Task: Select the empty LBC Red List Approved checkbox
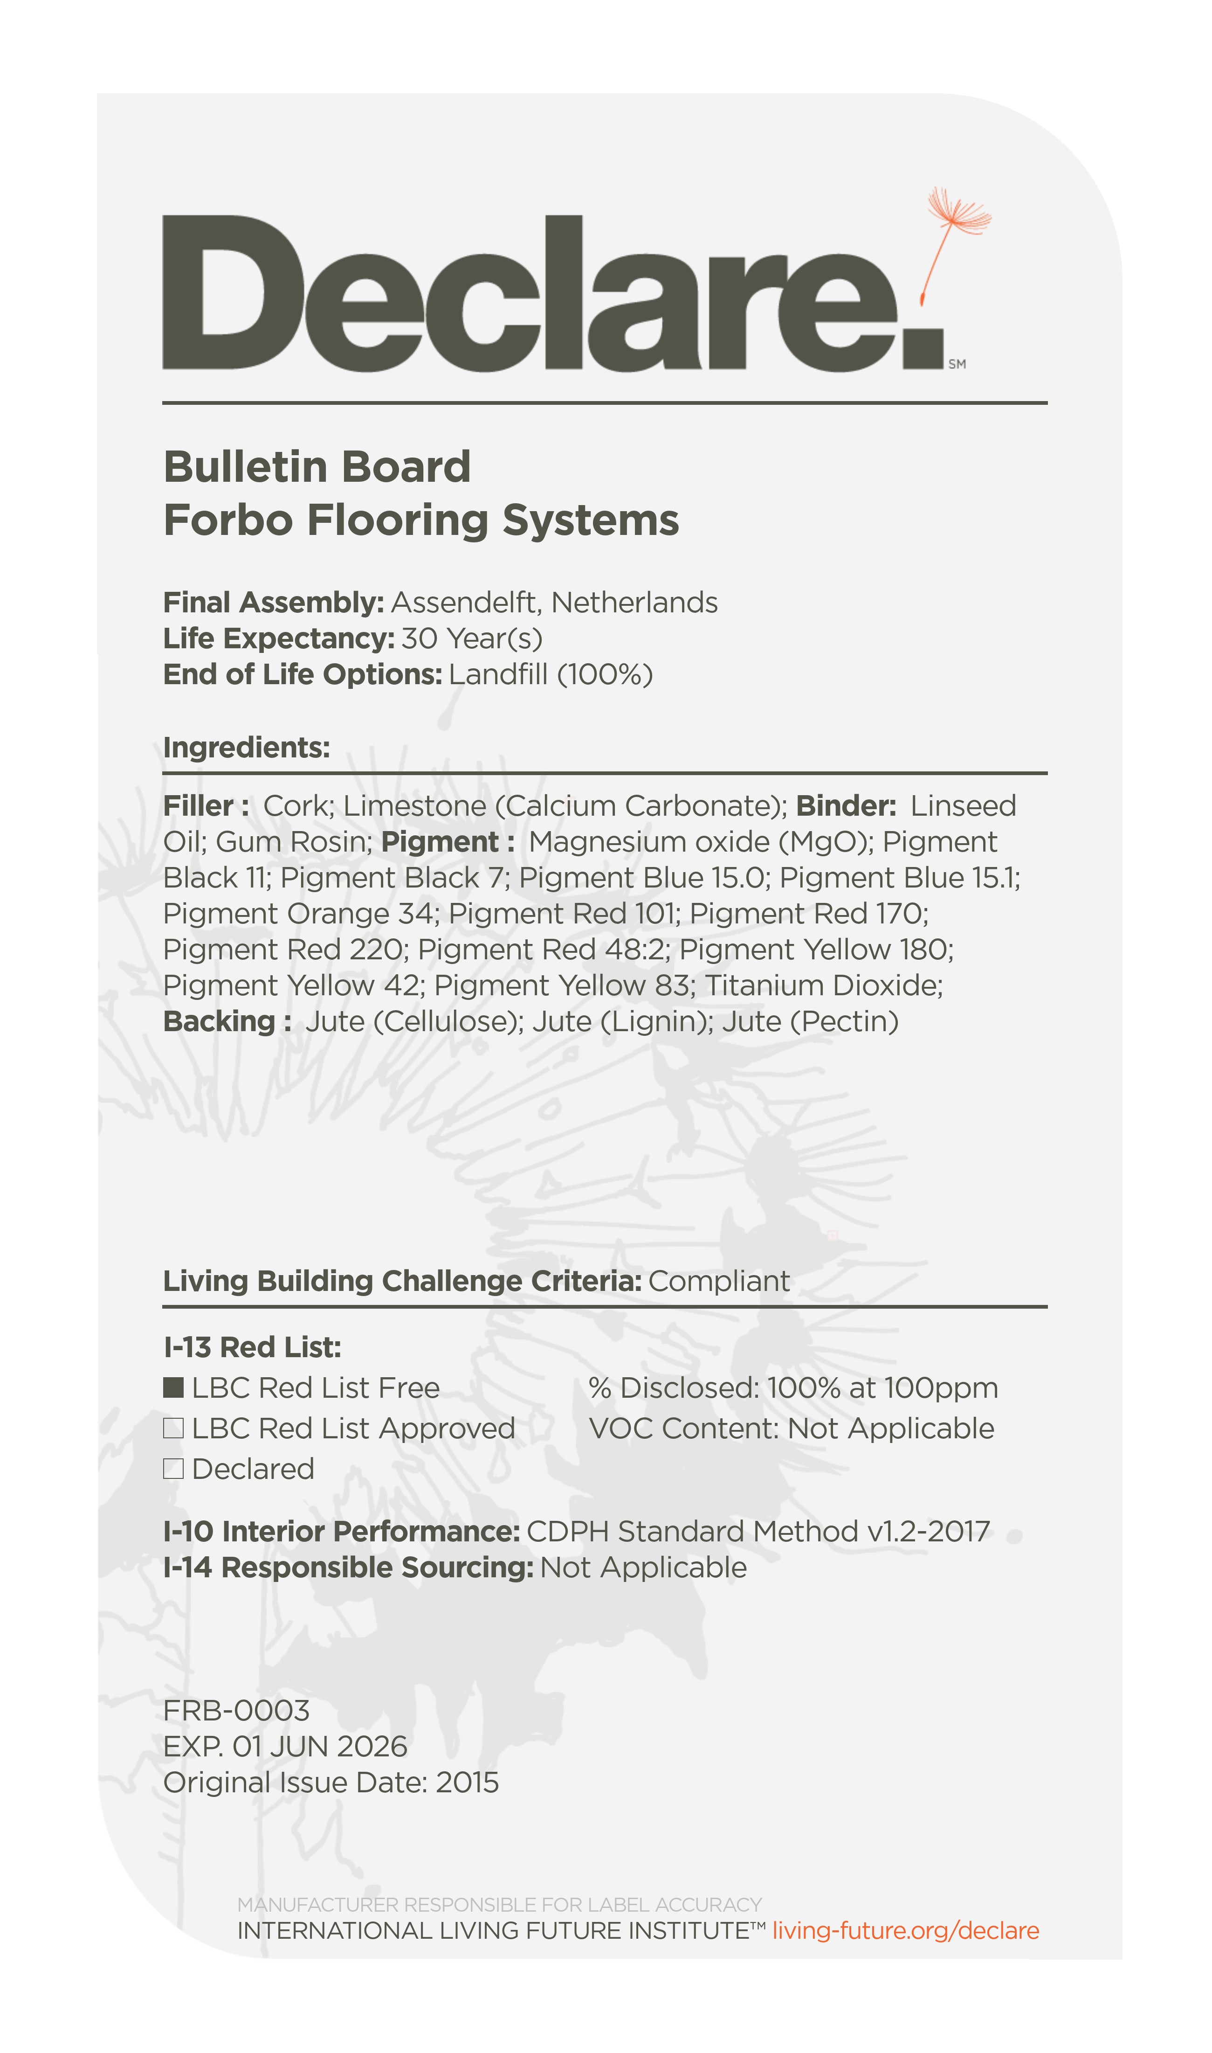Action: click(x=173, y=1428)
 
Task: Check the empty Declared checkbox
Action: click(x=173, y=1469)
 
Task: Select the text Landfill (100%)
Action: click(x=551, y=675)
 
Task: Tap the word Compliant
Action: click(x=719, y=1281)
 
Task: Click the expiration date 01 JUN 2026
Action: click(x=319, y=1747)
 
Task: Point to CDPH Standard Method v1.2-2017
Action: click(x=758, y=1532)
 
